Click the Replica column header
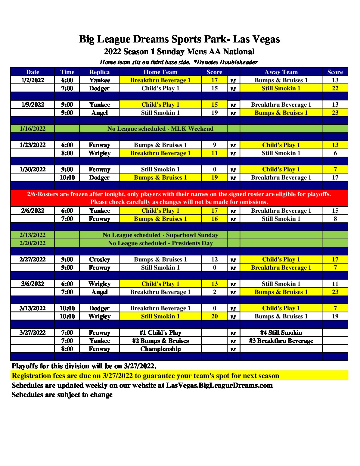99,72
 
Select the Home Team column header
160,72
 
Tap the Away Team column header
281,72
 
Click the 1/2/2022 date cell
33,80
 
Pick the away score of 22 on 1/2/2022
335,88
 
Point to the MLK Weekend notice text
160,129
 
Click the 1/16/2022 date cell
33,129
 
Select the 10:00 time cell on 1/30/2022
67,177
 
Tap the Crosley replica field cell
99,259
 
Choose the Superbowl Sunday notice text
160,235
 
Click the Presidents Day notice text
160,243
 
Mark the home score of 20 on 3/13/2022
214,316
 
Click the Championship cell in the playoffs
160,349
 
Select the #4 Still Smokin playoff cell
281,333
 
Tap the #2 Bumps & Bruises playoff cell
160,341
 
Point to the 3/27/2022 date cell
33,333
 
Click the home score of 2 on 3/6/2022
214,292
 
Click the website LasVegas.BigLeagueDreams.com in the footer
219,385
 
